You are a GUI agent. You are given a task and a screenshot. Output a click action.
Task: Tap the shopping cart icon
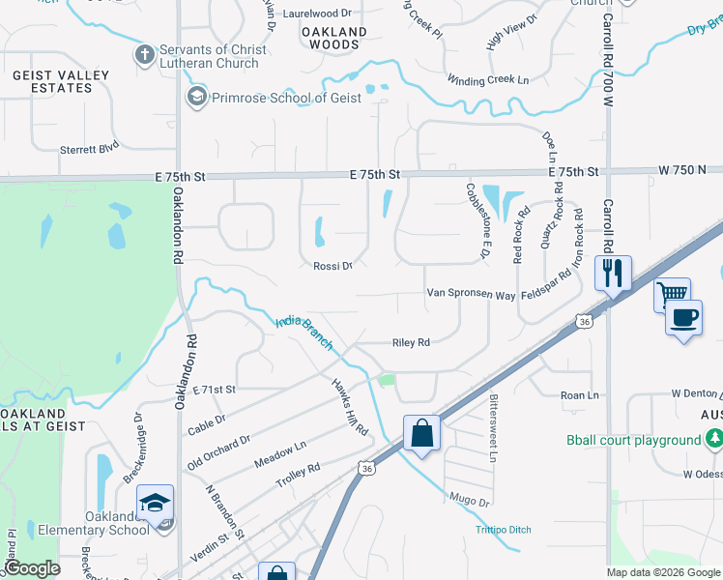coord(672,295)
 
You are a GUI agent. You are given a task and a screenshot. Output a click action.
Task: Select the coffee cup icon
coord(684,320)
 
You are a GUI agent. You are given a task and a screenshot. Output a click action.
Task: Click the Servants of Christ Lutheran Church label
coord(210,57)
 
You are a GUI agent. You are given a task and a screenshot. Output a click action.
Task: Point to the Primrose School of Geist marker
coord(197,97)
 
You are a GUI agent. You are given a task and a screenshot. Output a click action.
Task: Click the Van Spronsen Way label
coord(472,294)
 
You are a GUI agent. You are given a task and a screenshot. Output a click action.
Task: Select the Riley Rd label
coord(410,342)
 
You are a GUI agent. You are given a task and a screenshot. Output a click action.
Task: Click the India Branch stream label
coord(304,333)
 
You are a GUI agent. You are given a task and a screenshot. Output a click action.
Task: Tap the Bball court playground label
coord(633,441)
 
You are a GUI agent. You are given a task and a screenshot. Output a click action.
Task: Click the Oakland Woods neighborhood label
coord(334,39)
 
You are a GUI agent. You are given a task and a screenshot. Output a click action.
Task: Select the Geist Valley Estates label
coord(52,81)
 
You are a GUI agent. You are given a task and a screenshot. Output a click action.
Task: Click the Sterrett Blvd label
coord(89,149)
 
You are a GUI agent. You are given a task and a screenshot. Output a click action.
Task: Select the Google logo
coord(32,568)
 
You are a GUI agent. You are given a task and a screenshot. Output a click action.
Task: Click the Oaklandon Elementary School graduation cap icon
coord(155,504)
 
